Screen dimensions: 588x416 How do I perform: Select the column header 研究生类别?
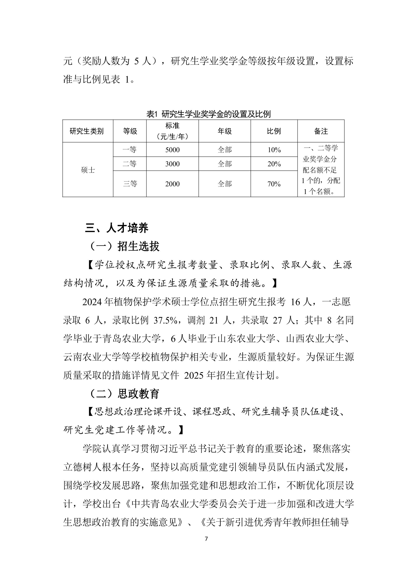87,131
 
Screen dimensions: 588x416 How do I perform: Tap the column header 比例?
274,131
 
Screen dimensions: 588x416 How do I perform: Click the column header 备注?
321,131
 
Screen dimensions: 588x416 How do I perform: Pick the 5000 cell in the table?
172,150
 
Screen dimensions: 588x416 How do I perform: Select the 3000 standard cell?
172,164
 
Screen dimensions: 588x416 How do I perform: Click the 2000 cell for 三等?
172,184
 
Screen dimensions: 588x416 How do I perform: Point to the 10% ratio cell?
274,150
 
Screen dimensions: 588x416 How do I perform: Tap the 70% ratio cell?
274,184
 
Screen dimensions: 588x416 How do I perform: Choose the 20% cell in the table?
274,164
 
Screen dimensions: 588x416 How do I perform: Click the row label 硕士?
88,170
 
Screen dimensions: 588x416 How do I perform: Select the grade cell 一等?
130,150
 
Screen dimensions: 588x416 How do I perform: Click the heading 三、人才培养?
117,228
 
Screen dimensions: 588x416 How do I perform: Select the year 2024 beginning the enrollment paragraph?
93,302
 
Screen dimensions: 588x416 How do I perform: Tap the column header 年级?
225,131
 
